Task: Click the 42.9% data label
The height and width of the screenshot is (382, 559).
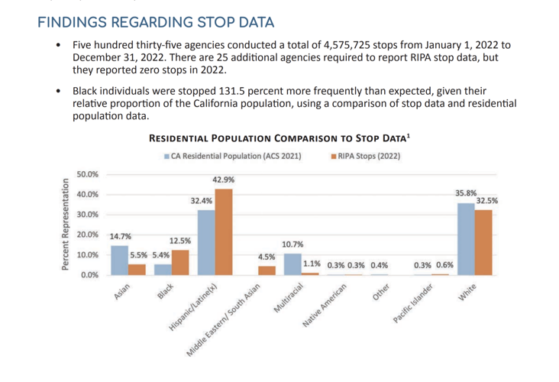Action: point(224,180)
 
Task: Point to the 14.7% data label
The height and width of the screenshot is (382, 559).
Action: point(119,237)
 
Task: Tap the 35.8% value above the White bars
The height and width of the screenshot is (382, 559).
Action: point(466,194)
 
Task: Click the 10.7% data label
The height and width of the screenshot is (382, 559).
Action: point(292,244)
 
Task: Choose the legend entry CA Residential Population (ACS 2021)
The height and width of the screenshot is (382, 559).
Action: point(232,156)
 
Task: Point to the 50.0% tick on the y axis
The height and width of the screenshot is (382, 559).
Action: point(89,174)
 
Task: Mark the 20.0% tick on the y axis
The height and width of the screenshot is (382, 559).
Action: point(89,235)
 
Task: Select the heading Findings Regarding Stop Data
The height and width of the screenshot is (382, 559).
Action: point(156,21)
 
